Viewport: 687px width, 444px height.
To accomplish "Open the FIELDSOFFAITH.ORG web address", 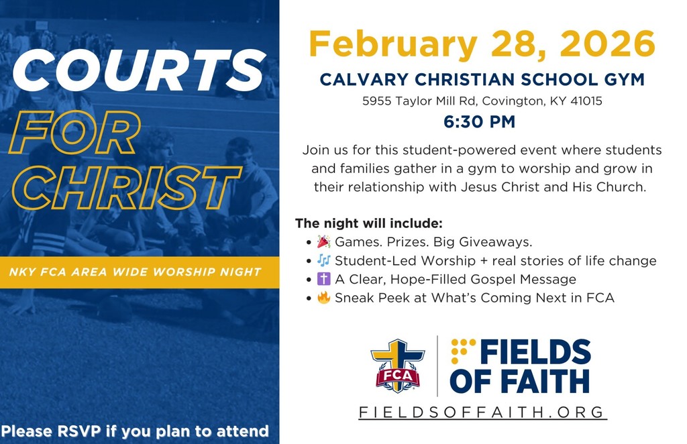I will tap(482, 412).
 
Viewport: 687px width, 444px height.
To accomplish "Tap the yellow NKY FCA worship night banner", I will tap(135, 272).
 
